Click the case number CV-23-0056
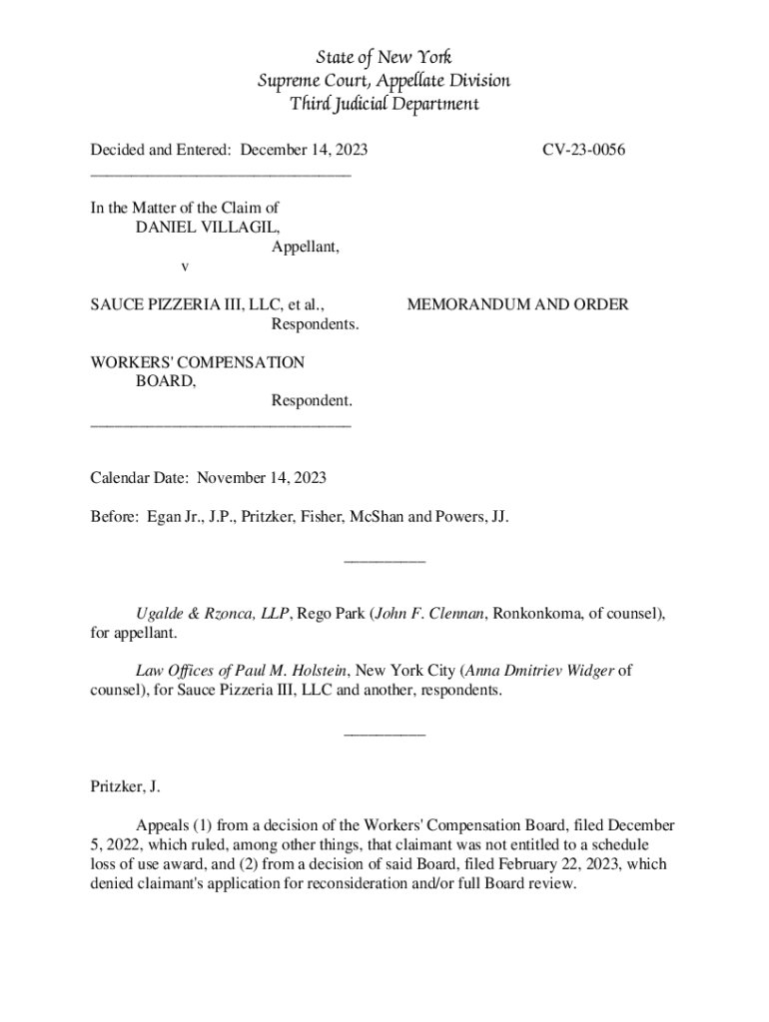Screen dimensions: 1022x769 584,150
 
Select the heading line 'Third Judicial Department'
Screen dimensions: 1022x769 384,104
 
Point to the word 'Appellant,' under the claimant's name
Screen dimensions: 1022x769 306,247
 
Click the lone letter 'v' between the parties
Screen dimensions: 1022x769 184,266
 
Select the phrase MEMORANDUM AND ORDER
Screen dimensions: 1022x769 517,304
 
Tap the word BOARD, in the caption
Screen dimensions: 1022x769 166,380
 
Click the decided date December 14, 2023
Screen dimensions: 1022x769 304,150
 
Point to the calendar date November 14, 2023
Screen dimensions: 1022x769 262,478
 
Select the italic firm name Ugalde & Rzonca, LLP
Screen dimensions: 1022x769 213,614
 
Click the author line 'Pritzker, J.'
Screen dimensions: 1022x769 125,787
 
